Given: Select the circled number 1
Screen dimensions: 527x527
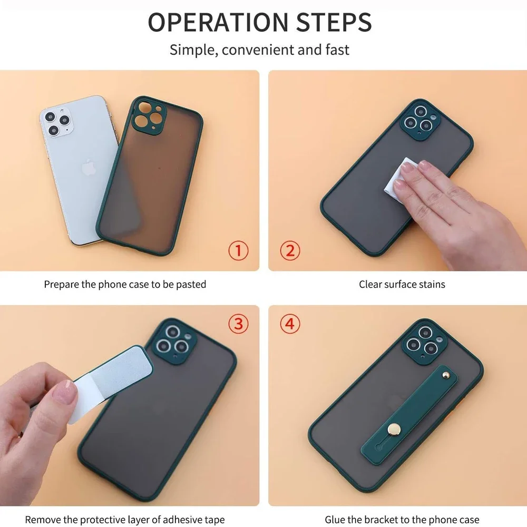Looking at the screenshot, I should point(238,250).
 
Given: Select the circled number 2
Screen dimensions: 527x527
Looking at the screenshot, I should point(289,250).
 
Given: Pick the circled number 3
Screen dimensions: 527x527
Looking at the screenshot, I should point(238,324).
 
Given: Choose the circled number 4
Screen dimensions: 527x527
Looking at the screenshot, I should point(289,324).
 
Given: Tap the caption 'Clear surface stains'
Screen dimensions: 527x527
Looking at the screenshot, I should point(402,285).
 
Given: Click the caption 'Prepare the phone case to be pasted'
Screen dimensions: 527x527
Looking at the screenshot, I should point(125,285).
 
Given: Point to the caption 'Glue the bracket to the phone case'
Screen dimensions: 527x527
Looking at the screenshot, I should point(402,520).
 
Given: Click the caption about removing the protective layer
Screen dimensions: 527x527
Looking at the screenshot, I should point(125,520).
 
